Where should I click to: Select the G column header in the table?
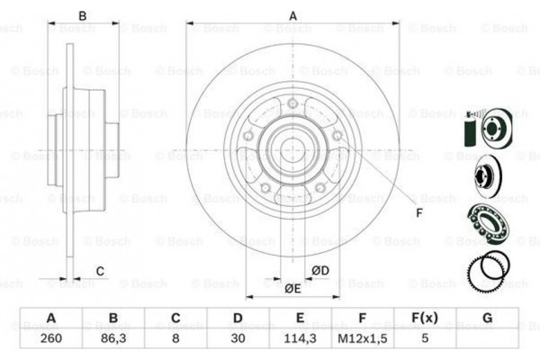click(487, 318)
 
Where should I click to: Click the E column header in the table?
click(301, 318)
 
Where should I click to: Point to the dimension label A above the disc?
click(293, 14)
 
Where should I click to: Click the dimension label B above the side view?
click(82, 14)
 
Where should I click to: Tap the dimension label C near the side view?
click(100, 270)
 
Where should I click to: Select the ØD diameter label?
click(319, 270)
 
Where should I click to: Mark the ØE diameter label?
click(292, 289)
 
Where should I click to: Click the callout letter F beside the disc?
click(418, 213)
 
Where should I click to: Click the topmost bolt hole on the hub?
click(293, 105)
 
